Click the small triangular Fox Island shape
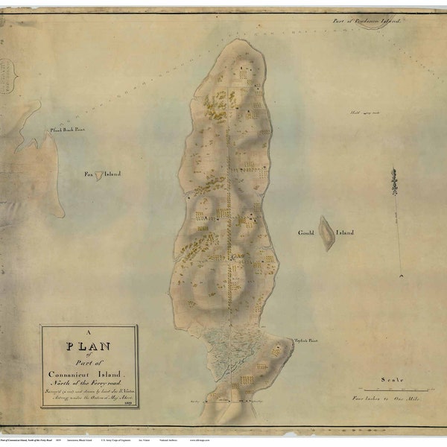tap(98, 175)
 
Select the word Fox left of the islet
tap(89, 174)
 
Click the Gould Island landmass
tap(326, 233)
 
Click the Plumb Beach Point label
tap(67, 129)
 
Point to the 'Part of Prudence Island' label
tap(368, 22)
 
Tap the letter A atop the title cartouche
tap(89, 333)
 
